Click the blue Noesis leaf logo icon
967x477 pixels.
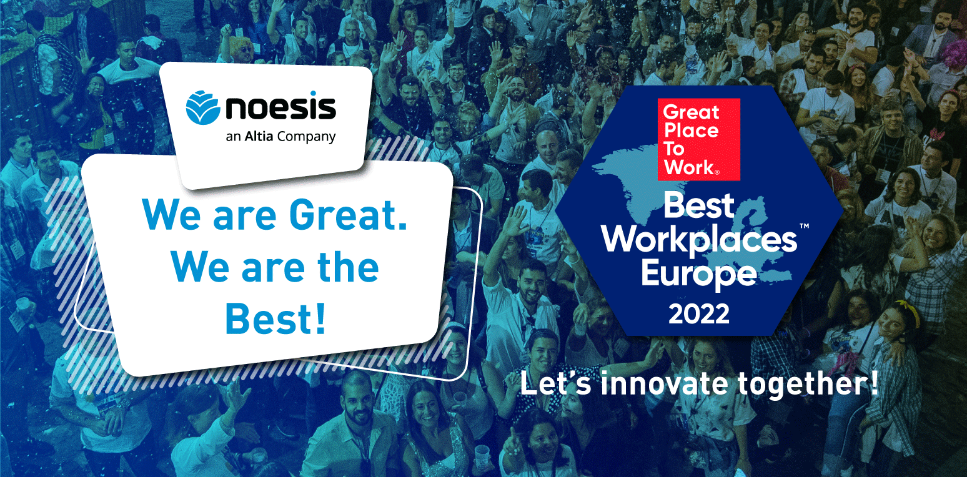pyautogui.click(x=203, y=107)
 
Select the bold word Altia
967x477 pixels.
pyautogui.click(x=259, y=136)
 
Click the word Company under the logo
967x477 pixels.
pyautogui.click(x=307, y=137)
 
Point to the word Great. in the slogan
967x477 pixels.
pyautogui.click(x=349, y=215)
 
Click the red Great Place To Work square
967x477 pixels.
pyautogui.click(x=698, y=139)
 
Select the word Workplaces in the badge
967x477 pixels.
pyautogui.click(x=700, y=240)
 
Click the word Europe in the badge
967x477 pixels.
pyautogui.click(x=699, y=274)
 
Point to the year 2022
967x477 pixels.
pyautogui.click(x=699, y=314)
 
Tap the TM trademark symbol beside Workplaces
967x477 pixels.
pyautogui.click(x=804, y=226)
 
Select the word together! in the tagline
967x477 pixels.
pyautogui.click(x=808, y=384)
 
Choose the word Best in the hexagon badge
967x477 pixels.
pyautogui.click(x=698, y=205)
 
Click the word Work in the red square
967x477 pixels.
pyautogui.click(x=690, y=167)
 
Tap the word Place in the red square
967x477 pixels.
pyautogui.click(x=691, y=130)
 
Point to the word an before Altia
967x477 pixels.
pyautogui.click(x=233, y=137)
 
